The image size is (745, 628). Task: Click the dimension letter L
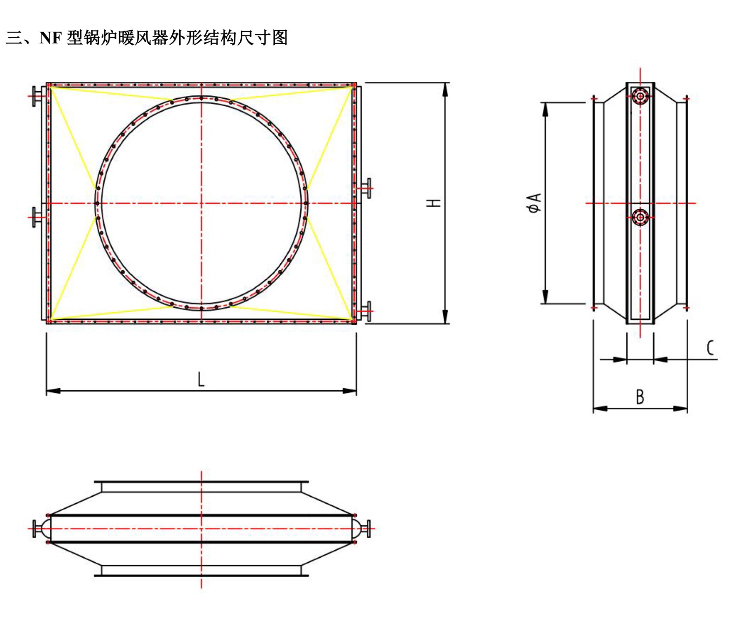[201, 379]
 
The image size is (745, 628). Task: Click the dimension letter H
[434, 203]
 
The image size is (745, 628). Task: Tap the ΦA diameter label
[535, 203]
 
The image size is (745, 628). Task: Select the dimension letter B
[640, 397]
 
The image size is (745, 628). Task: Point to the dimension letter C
[710, 348]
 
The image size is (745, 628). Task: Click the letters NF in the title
[50, 38]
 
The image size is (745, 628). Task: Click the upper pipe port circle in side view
[640, 96]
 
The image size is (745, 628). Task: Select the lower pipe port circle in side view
[640, 217]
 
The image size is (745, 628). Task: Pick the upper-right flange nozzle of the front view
[367, 188]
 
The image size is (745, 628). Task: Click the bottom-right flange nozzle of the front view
[367, 311]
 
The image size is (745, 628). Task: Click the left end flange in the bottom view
[35, 528]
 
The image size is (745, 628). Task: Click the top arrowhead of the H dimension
[445, 89]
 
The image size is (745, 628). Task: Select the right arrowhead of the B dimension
[681, 409]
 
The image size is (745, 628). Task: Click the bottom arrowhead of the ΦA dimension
[545, 297]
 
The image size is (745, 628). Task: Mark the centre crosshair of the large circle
[201, 203]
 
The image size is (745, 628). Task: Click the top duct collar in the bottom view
[201, 487]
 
